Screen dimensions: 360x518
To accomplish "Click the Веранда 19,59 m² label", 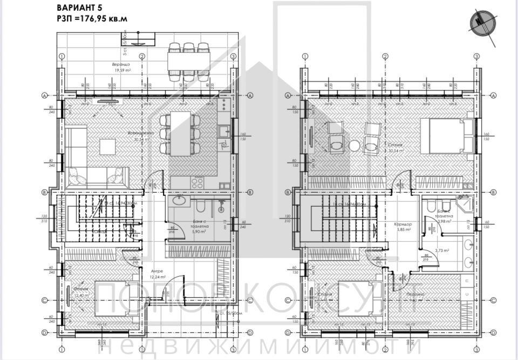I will pyautogui.click(x=122, y=67).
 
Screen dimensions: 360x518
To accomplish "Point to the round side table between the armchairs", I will pyautogui.click(x=355, y=145).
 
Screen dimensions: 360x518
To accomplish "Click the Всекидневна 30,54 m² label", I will pyautogui.click(x=141, y=135).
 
